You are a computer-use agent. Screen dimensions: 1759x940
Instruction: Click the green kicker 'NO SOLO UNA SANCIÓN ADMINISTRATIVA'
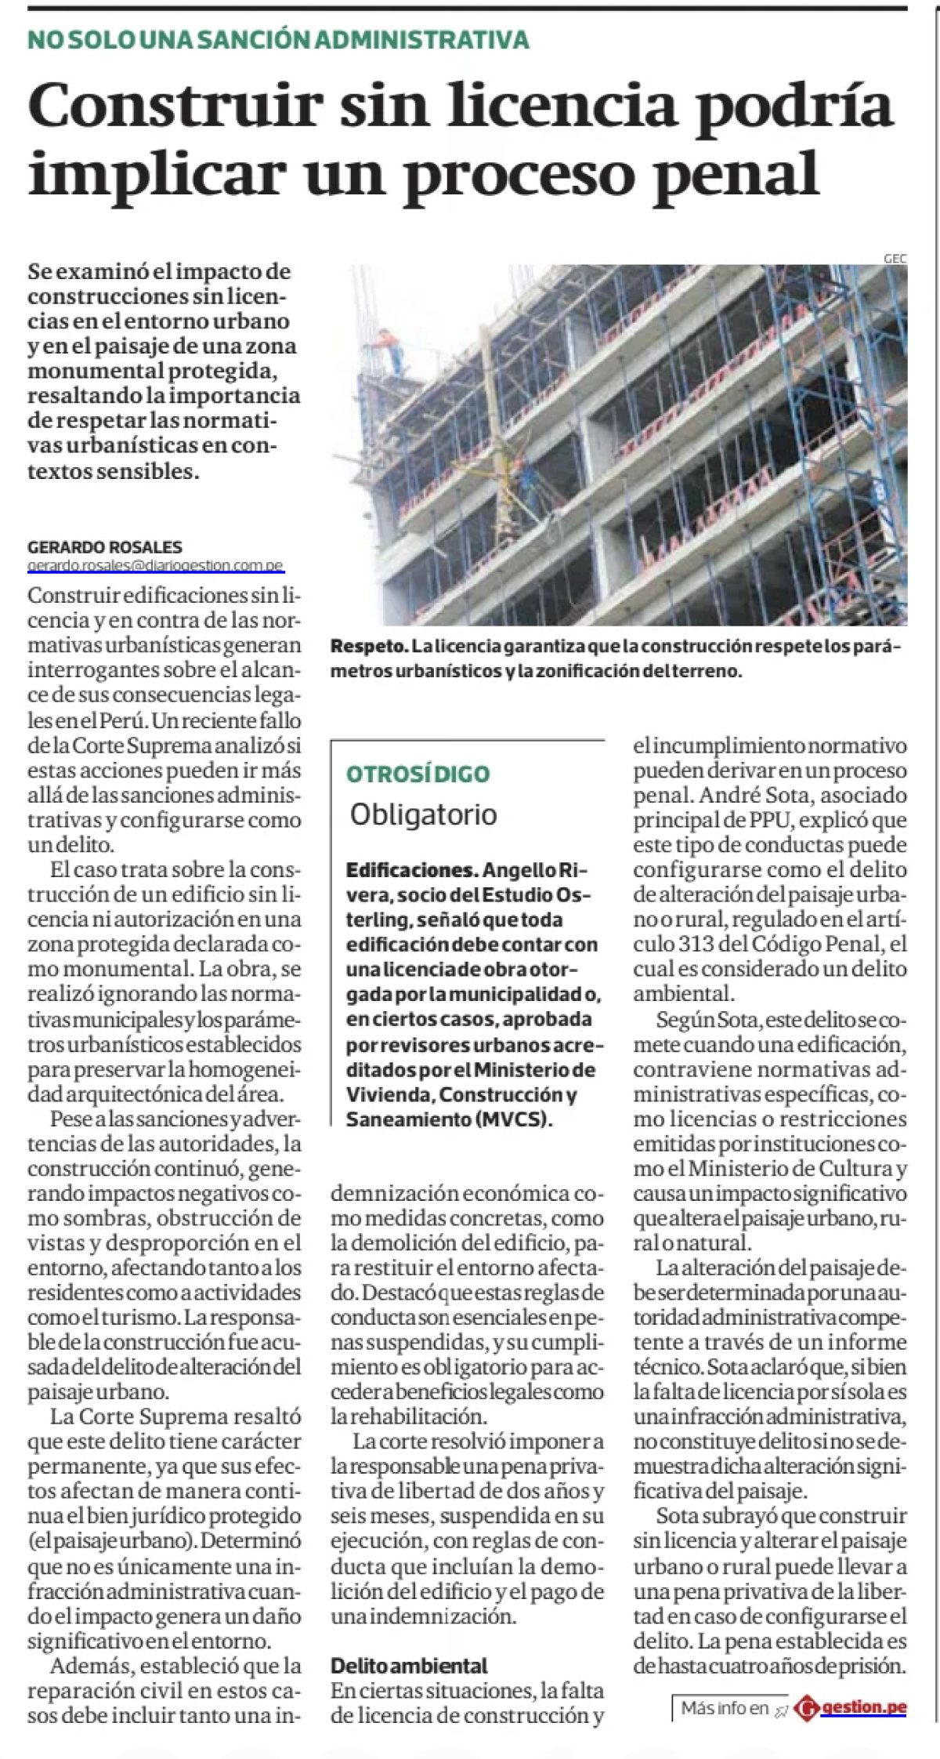coord(278,39)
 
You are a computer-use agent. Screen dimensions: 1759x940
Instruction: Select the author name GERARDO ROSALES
coord(105,547)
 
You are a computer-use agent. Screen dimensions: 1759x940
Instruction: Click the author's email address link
coord(155,565)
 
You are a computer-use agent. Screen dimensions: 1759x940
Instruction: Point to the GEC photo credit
coord(895,259)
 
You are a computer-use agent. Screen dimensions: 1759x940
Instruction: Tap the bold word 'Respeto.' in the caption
coord(369,647)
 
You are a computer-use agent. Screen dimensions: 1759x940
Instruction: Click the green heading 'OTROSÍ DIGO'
coord(418,774)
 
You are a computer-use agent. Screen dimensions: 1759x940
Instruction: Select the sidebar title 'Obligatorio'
coord(423,814)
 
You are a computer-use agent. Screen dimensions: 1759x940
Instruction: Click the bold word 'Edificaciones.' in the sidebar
coord(412,870)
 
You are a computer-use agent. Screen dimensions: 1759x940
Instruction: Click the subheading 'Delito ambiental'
coord(408,1665)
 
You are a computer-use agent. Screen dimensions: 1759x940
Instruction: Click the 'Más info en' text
coord(725,1708)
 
